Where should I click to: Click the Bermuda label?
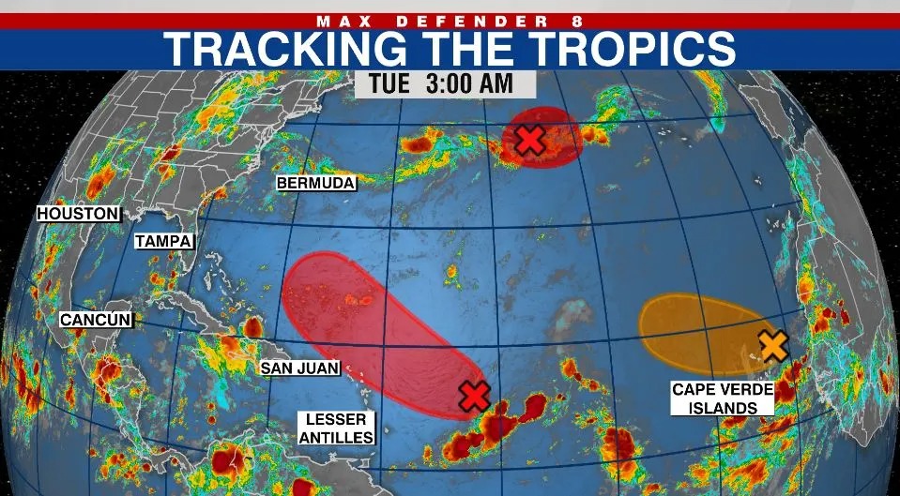tap(316, 183)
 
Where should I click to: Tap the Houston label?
tap(79, 214)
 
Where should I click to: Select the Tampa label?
tap(163, 241)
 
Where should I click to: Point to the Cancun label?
tap(96, 320)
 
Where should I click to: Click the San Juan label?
tap(299, 368)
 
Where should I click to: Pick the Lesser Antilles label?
tap(336, 428)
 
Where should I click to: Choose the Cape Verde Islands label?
tap(722, 398)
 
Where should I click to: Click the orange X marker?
tap(772, 345)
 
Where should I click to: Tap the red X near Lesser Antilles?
tap(475, 397)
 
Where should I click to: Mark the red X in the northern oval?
tap(530, 141)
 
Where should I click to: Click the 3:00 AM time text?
tap(469, 83)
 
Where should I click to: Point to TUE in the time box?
tap(388, 83)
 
